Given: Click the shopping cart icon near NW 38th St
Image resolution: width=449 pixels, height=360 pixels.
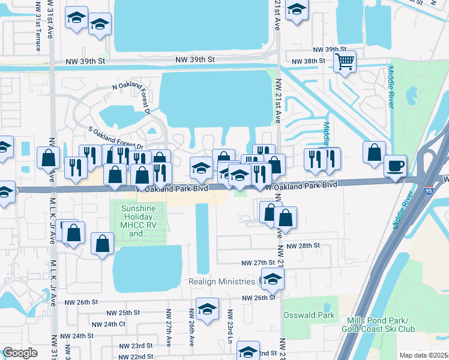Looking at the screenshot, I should [345, 61].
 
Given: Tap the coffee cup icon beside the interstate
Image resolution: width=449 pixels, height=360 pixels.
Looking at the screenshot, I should [395, 165].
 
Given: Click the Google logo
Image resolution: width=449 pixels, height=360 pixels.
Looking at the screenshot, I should [20, 353].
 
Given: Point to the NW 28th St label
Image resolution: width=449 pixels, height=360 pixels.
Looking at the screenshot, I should [304, 246].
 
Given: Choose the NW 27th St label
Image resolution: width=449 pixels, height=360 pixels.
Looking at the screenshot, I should [258, 263].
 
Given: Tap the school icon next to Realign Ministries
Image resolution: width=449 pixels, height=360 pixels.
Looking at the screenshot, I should [273, 278].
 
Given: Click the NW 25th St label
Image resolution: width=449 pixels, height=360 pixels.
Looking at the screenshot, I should [123, 313].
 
